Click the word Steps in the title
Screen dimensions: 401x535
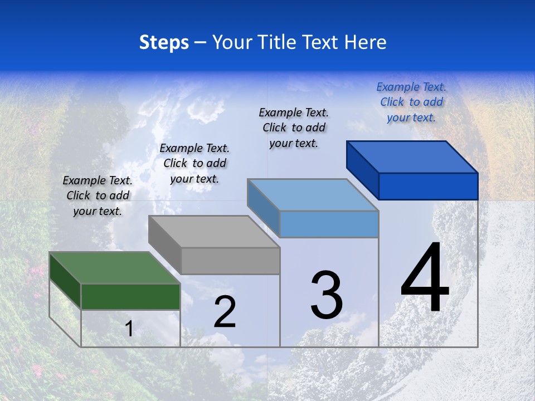[164, 43]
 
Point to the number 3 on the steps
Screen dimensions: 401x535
[326, 295]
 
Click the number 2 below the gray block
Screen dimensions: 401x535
[225, 312]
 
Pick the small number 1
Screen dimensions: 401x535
[129, 329]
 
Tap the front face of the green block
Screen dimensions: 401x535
[130, 296]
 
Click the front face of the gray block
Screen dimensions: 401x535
[230, 261]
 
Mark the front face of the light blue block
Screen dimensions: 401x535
[329, 224]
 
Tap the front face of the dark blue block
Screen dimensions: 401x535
[428, 186]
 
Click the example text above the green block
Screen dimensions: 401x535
[98, 196]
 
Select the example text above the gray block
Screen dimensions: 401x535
[194, 163]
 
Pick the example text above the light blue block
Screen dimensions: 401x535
[294, 128]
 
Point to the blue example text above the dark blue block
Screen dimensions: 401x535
[411, 102]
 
